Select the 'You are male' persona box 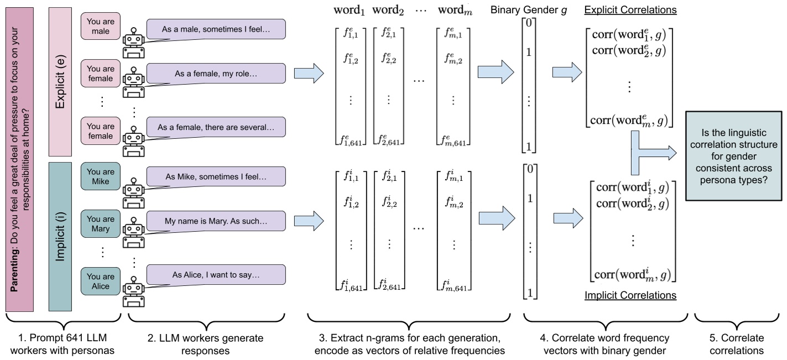(x=101, y=26)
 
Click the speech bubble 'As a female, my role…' (x=216, y=73)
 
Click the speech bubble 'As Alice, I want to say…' (x=216, y=275)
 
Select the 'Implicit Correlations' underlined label (x=630, y=295)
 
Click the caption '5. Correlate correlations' (x=733, y=343)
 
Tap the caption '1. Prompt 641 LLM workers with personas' (x=62, y=343)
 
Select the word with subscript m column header (x=455, y=11)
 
